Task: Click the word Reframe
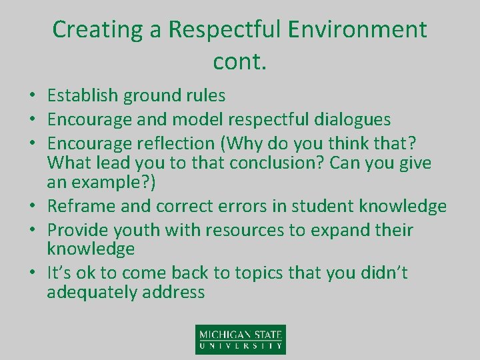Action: (x=79, y=207)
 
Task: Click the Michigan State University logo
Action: (x=240, y=339)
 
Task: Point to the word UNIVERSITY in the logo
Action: (x=240, y=346)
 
